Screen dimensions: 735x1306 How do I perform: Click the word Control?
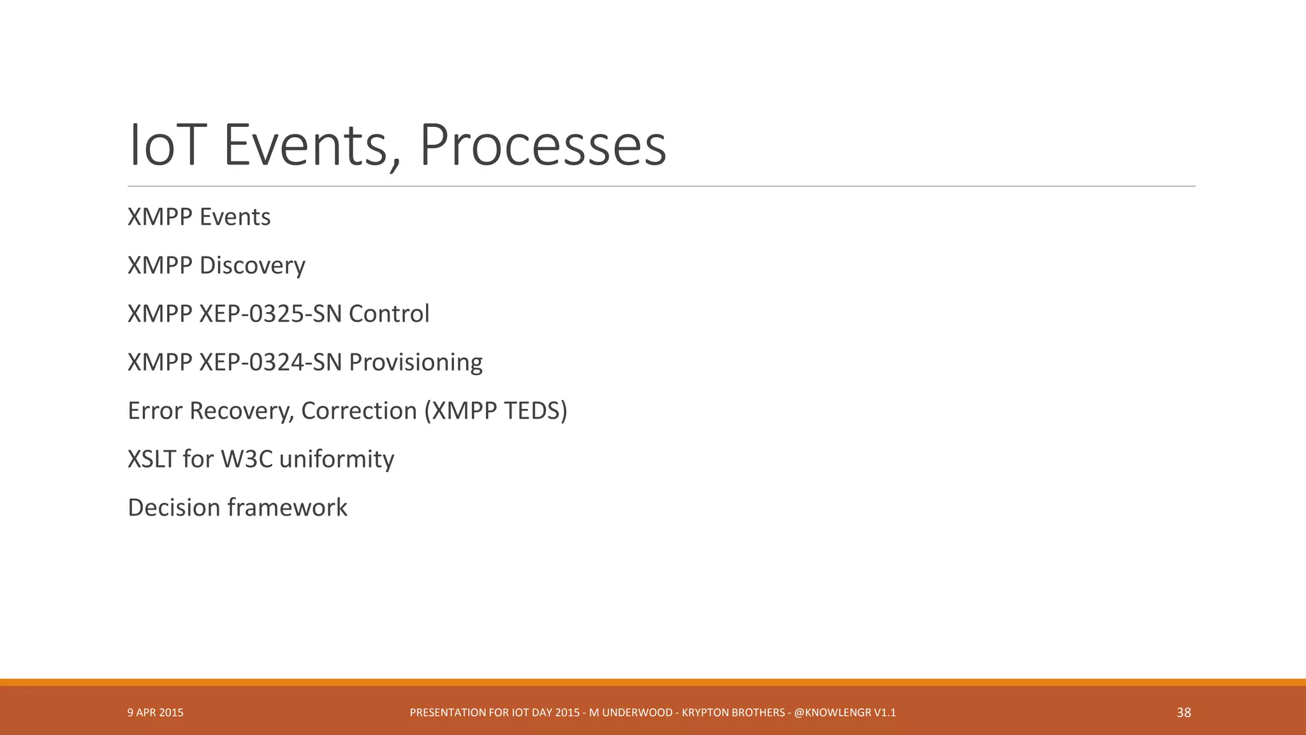tap(389, 314)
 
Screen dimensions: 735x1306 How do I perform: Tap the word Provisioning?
tap(416, 362)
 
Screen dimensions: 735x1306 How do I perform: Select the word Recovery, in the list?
tap(242, 411)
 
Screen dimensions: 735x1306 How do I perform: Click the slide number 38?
tap(1184, 713)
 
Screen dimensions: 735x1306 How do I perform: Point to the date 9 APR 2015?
tap(156, 713)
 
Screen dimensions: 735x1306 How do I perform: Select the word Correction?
tap(359, 411)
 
